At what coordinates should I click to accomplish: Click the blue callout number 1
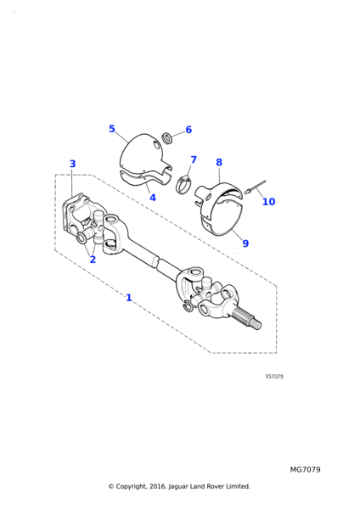[129, 298]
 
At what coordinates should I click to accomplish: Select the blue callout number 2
[93, 260]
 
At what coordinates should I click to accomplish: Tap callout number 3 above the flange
[72, 164]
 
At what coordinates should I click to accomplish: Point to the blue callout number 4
[153, 198]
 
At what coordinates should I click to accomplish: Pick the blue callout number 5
[112, 129]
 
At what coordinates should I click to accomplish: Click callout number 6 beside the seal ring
[188, 130]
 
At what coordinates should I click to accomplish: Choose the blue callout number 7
[194, 159]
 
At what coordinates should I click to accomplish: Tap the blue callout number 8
[219, 162]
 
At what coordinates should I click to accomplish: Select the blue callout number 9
[245, 243]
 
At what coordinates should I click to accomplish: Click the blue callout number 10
[268, 202]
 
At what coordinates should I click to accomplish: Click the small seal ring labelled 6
[167, 137]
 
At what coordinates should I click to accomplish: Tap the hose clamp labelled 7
[184, 184]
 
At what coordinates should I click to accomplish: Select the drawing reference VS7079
[274, 377]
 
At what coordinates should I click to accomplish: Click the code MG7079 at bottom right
[305, 470]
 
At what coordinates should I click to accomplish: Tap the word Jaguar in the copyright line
[177, 487]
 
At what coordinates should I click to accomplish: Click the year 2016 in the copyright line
[157, 486]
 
